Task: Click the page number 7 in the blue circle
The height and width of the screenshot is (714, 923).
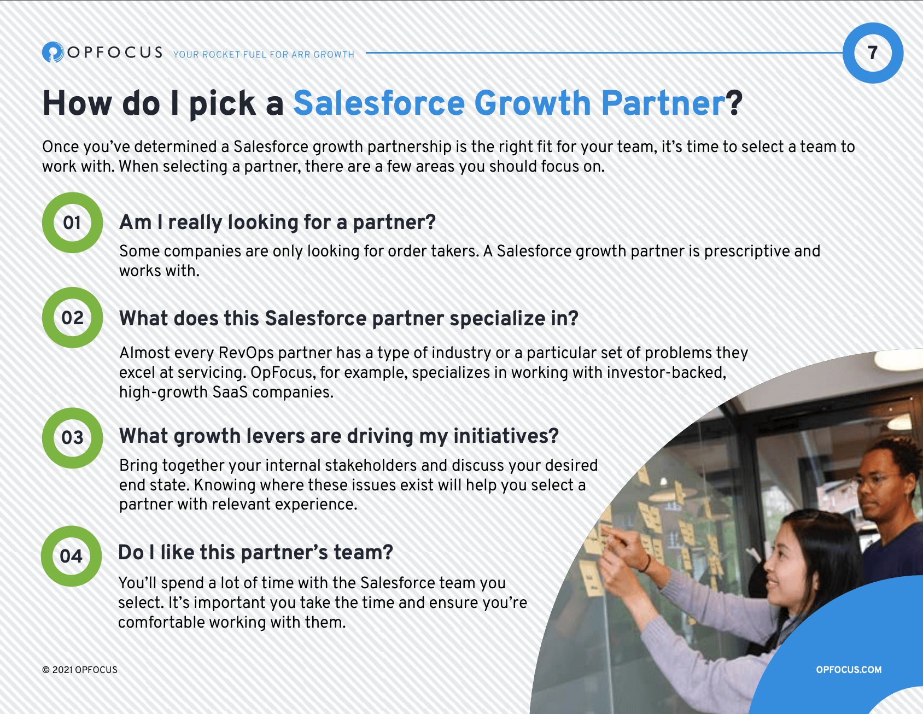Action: pos(873,53)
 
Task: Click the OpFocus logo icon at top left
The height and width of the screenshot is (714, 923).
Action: pos(53,52)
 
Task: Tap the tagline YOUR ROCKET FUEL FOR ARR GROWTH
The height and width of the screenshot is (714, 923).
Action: pos(264,55)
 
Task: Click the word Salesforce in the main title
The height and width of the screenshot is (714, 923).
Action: pos(379,103)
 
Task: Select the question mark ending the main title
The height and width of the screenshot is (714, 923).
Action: pos(735,103)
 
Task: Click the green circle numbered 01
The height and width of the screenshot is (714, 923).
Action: pos(72,223)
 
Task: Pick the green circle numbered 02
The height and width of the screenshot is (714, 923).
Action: pos(72,318)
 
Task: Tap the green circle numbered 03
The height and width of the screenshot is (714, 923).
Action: pos(72,437)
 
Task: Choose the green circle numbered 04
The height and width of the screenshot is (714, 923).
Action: pos(71,556)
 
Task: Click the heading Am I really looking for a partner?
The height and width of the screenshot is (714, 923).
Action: pos(277,223)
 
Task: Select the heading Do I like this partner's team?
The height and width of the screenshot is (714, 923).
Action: pos(255,553)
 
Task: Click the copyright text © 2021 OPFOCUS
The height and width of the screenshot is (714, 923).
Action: pos(80,670)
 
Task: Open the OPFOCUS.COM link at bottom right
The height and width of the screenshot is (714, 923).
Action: pos(848,670)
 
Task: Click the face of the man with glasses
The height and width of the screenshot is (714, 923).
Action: pos(879,484)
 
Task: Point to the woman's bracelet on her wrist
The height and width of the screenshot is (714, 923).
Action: pos(647,563)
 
